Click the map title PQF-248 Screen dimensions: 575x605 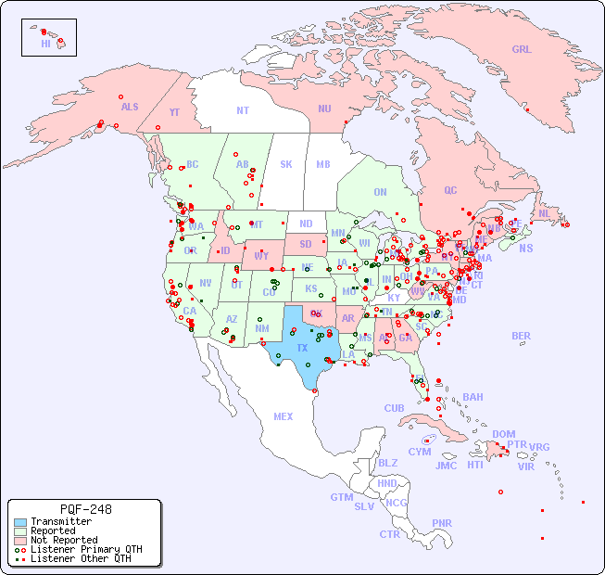click(85, 509)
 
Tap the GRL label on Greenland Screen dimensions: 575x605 click(522, 49)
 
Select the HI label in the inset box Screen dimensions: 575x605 click(45, 44)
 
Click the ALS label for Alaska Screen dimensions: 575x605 click(130, 107)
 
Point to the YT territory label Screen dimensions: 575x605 click(174, 112)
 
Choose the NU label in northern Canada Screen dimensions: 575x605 click(324, 109)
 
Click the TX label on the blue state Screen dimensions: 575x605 click(302, 348)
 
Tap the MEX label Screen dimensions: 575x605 click(284, 416)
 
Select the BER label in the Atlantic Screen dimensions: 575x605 click(522, 336)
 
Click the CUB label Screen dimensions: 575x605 click(395, 408)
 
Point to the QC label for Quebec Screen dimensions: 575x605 click(450, 190)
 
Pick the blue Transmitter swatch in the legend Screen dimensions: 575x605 click(20, 521)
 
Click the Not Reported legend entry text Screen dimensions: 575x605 click(63, 540)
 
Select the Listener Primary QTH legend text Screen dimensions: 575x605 click(85, 549)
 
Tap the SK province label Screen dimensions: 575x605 click(286, 164)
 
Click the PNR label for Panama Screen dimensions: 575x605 click(442, 523)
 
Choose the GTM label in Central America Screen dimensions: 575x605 click(341, 497)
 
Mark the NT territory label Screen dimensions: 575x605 click(243, 109)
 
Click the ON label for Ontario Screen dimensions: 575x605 click(380, 192)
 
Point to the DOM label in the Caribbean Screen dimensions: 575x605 click(503, 434)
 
